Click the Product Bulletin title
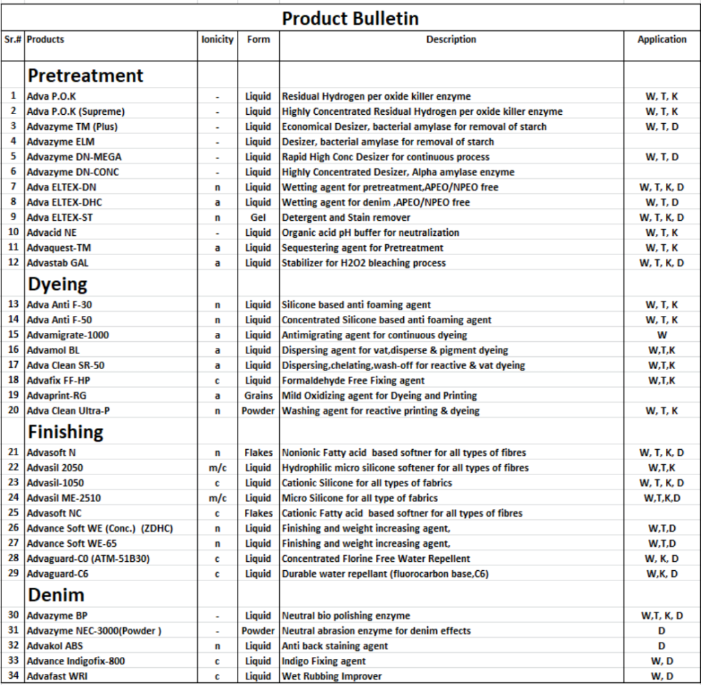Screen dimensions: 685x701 (x=350, y=18)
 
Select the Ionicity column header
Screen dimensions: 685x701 (x=217, y=40)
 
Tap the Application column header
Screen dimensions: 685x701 (x=661, y=40)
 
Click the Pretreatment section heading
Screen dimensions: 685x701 (x=86, y=75)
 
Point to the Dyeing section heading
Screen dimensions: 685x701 (x=58, y=284)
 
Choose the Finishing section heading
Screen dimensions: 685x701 (x=66, y=432)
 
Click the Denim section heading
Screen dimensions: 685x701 (x=56, y=595)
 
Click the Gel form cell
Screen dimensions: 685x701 (x=258, y=217)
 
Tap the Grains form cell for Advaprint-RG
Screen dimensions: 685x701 (x=258, y=395)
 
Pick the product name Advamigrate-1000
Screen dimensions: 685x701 (x=68, y=335)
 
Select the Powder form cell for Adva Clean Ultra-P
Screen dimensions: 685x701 (x=258, y=411)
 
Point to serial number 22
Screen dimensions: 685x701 (x=13, y=468)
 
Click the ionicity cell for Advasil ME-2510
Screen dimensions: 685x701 (x=217, y=498)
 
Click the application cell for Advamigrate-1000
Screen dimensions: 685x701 (x=661, y=335)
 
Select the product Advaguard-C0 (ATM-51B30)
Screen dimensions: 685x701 (x=88, y=559)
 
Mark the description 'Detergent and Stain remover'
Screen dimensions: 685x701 (x=346, y=217)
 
